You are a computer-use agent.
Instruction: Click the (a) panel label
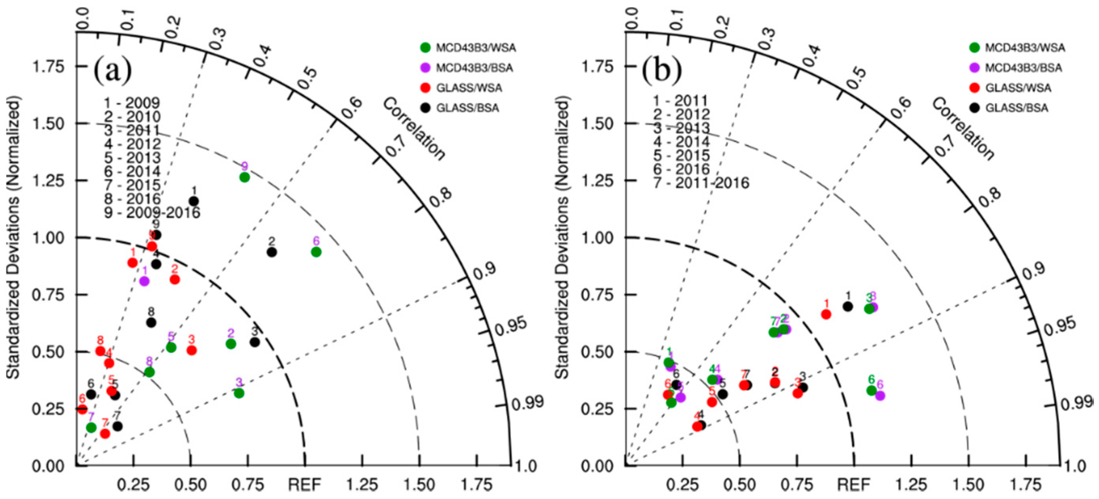(x=112, y=71)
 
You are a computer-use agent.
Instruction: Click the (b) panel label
(x=662, y=71)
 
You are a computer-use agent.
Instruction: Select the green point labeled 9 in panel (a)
(x=244, y=177)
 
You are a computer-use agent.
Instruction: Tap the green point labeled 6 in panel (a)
(x=316, y=252)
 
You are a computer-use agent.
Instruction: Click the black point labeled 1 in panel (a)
(x=194, y=201)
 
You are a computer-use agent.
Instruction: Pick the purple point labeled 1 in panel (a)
(x=144, y=281)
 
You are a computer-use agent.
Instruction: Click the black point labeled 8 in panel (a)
(x=151, y=323)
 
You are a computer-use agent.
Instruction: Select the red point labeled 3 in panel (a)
(x=192, y=350)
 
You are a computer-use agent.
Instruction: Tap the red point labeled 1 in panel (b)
(x=827, y=314)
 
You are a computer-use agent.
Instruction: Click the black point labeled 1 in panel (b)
(x=848, y=306)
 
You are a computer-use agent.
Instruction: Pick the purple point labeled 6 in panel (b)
(x=880, y=396)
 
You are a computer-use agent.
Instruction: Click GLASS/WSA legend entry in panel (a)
(x=469, y=88)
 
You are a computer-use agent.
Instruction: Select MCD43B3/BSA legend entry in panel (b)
(x=1023, y=68)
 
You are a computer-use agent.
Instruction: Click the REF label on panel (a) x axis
(x=305, y=484)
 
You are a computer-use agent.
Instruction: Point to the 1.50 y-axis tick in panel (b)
(x=598, y=124)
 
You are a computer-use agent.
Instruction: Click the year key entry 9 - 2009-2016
(x=152, y=212)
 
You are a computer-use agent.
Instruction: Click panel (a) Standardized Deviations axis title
(x=14, y=239)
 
